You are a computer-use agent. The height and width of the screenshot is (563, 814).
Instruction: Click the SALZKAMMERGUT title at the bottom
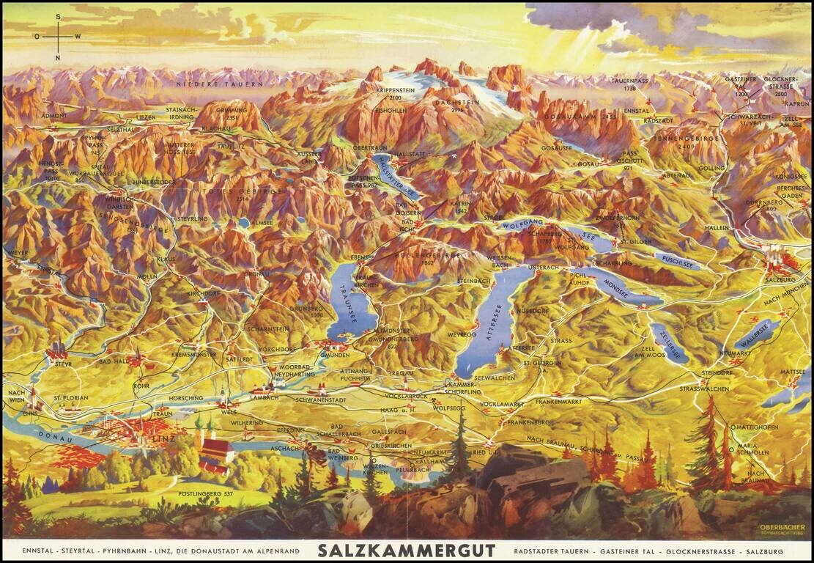407,551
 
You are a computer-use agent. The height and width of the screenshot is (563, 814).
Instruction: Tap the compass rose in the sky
57,37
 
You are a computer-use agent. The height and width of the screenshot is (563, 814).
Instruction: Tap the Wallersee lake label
757,334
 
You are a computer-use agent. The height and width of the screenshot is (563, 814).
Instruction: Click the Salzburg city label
779,279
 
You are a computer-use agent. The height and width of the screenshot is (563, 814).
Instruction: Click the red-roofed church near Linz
216,452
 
